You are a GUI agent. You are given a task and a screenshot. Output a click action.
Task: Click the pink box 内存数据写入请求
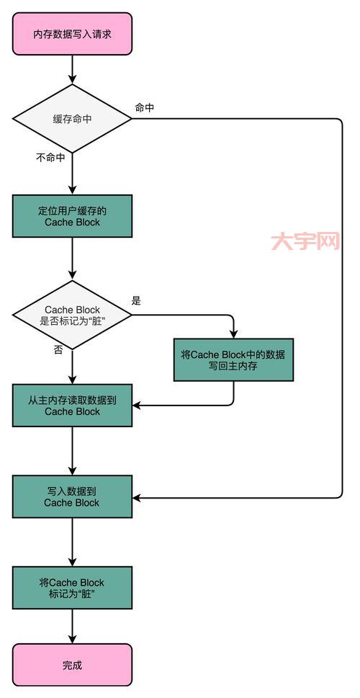pos(73,33)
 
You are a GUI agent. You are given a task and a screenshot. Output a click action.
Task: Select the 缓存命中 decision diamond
pos(73,119)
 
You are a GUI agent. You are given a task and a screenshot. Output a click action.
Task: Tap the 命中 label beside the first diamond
pos(145,107)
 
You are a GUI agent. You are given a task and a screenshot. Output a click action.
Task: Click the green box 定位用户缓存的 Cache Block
pos(73,216)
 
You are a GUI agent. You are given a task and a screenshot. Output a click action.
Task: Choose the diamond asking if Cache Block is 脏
pos(73,315)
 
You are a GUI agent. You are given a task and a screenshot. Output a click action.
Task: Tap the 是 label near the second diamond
pos(137,301)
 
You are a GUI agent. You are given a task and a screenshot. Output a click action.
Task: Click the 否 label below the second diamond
pos(58,349)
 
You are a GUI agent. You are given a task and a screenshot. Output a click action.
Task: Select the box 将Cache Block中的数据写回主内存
pos(234,360)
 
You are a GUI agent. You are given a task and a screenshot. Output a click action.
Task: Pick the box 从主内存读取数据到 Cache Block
pos(73,406)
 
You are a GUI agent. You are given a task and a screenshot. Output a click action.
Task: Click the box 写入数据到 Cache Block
pos(73,497)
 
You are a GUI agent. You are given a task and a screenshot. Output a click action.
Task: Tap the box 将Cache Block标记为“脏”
pos(73,588)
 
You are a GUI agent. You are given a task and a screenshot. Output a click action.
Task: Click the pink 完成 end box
pos(73,665)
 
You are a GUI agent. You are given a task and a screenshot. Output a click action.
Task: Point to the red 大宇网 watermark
pos(305,241)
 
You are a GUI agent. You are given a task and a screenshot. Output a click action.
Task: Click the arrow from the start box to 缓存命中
pos(73,70)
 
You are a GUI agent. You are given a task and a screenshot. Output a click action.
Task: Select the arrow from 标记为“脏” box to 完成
pos(73,627)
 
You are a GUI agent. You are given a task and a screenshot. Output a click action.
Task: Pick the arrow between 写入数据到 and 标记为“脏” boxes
pos(73,542)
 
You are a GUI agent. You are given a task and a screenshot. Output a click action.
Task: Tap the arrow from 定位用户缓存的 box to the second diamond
pos(73,259)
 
